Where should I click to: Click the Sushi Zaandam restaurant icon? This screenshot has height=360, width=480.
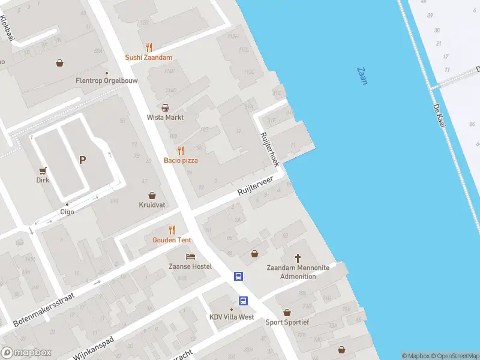(149, 47)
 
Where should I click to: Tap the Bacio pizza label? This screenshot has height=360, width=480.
(181, 160)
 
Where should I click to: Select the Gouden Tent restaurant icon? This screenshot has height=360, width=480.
(172, 230)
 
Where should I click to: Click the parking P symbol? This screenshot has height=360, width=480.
(82, 160)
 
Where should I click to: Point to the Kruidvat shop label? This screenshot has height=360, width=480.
(152, 205)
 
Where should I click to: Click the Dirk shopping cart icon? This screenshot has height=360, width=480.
(43, 171)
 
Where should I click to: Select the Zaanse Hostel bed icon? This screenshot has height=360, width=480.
(190, 257)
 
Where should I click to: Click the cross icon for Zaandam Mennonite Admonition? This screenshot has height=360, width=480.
(298, 258)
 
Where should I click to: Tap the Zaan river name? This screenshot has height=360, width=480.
(362, 76)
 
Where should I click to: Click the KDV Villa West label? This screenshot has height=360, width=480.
(232, 317)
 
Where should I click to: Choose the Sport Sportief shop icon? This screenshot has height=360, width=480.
(287, 313)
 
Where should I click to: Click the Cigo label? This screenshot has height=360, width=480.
(67, 212)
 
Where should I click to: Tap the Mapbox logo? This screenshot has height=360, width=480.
(26, 353)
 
